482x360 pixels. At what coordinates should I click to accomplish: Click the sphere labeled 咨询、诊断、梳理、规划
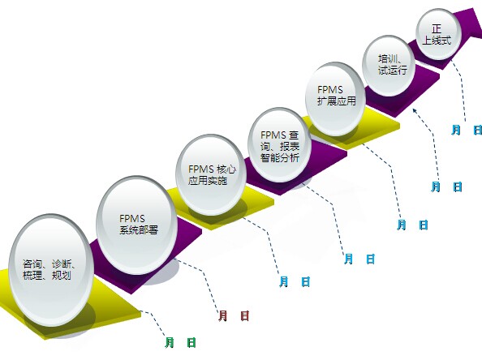click(x=51, y=270)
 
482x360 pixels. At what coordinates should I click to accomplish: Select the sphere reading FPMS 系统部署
click(x=137, y=225)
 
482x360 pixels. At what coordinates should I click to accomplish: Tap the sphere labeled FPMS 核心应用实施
click(x=211, y=174)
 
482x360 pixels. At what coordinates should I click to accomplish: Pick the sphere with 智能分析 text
click(x=280, y=145)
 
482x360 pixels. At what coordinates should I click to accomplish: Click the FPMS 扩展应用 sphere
click(x=335, y=99)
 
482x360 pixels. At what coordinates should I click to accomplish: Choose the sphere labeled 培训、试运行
click(x=389, y=66)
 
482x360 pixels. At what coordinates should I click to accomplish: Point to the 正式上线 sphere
click(x=439, y=34)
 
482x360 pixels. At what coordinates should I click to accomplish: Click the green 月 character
click(x=170, y=342)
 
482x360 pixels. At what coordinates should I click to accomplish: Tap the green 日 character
click(x=192, y=342)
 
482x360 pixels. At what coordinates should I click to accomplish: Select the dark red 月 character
click(x=223, y=315)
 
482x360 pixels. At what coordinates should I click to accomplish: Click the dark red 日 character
click(x=245, y=315)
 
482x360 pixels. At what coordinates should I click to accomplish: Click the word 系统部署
click(x=139, y=230)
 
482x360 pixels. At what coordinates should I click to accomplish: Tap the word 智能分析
click(x=280, y=157)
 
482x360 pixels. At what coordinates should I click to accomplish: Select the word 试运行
click(x=393, y=71)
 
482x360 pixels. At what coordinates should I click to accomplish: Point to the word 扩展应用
click(x=337, y=101)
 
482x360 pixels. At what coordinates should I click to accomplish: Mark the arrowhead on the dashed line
click(x=415, y=110)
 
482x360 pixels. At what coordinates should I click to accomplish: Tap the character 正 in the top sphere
click(x=437, y=29)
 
